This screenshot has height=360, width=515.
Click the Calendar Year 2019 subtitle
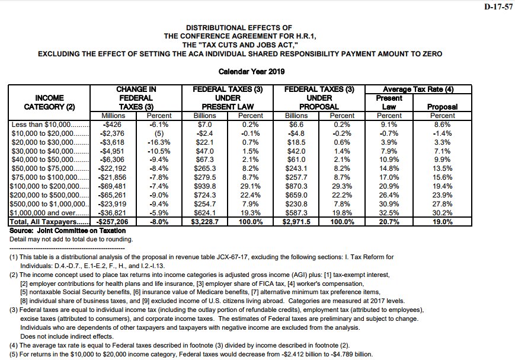[252, 72]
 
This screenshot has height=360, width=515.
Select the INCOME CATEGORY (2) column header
[50, 102]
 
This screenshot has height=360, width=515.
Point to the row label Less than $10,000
[41, 125]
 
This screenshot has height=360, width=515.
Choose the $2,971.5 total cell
[296, 221]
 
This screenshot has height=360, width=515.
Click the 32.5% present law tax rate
[389, 213]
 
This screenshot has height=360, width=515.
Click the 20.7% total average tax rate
[389, 221]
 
